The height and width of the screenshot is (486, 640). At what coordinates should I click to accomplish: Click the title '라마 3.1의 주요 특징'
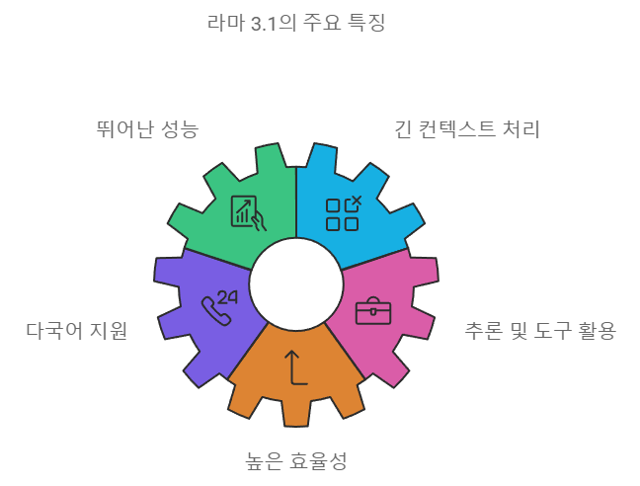point(296,22)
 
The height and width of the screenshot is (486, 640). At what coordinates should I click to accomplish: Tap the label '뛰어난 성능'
point(148,128)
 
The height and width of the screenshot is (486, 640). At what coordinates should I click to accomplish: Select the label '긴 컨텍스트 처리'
point(467,128)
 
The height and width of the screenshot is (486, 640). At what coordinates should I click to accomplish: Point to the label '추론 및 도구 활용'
point(540,330)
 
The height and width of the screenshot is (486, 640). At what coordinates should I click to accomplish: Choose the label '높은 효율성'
point(296,460)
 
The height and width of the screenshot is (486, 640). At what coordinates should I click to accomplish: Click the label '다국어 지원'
point(77,330)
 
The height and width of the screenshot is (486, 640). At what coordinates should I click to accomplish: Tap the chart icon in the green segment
point(248,212)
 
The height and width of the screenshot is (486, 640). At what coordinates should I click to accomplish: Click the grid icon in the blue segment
point(343,213)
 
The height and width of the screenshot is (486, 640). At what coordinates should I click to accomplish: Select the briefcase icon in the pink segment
point(373,310)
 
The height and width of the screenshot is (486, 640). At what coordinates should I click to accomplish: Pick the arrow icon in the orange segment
point(295,367)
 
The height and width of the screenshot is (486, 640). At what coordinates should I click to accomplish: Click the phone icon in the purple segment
point(215,310)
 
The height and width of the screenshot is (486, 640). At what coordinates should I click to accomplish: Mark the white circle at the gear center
point(296,284)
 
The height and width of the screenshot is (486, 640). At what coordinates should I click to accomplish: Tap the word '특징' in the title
point(365,22)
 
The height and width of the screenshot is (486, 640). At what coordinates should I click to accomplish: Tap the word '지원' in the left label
point(110,330)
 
